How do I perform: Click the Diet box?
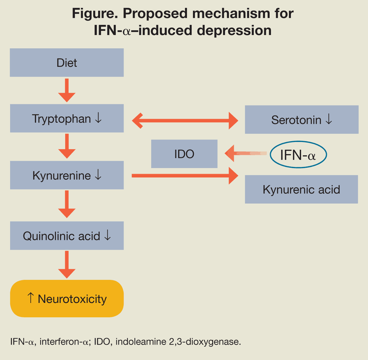pos(67,63)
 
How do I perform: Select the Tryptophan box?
pos(67,118)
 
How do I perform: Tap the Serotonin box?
pos(301,120)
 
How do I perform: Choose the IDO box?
pos(184,154)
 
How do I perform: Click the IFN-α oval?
pos(298,155)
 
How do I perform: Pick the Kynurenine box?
pos(67,175)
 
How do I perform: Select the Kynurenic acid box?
pos(301,189)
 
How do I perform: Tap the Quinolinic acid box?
pos(67,236)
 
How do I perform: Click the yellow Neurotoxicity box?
pos(67,299)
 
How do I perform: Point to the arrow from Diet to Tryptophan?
pos(67,90)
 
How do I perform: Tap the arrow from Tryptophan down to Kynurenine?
pos(67,147)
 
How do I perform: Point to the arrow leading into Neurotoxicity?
pos(67,265)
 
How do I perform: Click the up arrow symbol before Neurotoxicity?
pos(31,298)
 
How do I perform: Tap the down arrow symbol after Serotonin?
pos(329,120)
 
